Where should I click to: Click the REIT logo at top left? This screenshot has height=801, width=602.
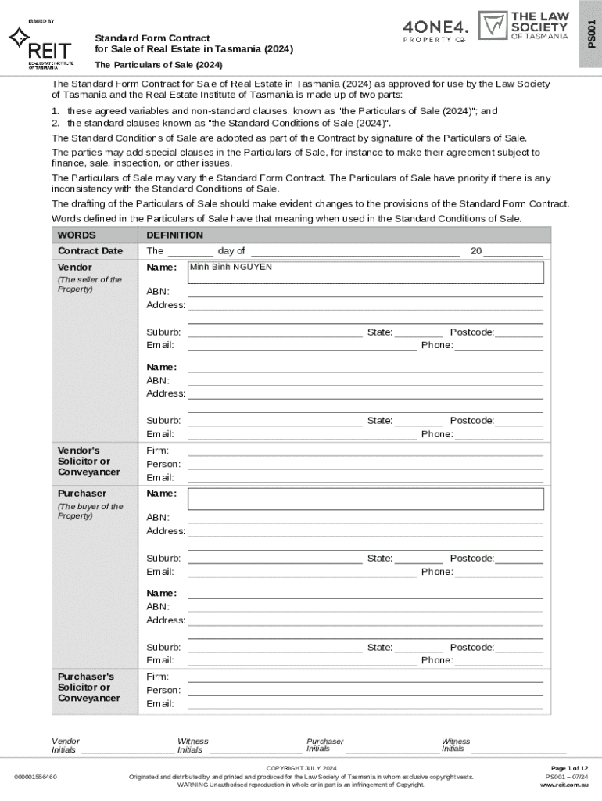[41, 48]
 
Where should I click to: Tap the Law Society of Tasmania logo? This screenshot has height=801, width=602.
[523, 27]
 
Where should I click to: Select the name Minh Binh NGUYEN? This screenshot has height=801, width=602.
[231, 268]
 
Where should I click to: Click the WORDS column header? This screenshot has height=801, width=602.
[77, 235]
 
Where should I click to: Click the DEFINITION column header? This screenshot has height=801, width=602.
[174, 235]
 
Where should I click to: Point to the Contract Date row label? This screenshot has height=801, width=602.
[90, 251]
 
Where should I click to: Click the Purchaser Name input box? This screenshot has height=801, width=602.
[366, 499]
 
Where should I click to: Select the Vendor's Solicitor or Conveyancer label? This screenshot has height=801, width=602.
[88, 462]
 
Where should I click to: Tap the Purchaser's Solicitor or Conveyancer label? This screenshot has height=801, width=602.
[88, 687]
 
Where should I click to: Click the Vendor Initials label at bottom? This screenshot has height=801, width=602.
[65, 745]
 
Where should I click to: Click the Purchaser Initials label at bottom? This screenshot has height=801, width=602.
[324, 745]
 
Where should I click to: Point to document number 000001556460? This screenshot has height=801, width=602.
[35, 777]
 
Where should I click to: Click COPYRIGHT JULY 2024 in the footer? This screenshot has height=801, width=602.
[301, 768]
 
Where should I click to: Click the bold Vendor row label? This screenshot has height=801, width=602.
[75, 268]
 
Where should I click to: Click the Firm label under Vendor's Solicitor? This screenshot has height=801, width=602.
[157, 451]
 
